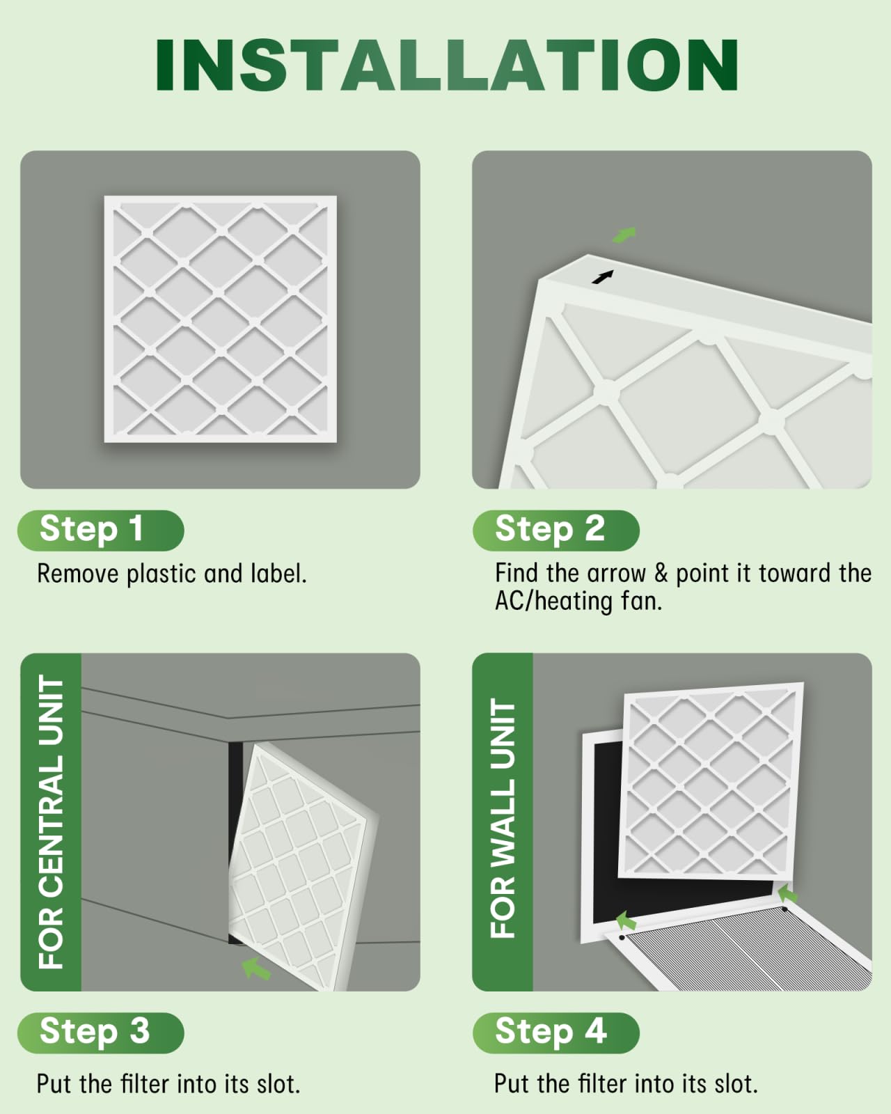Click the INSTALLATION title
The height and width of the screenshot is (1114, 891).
click(446, 64)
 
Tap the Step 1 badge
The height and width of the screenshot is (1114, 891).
click(100, 530)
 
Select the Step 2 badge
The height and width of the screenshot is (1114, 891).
click(555, 530)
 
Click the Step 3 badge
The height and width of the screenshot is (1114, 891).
click(100, 1033)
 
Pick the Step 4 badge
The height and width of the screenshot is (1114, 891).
click(555, 1033)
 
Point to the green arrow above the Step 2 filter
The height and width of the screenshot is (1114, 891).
click(624, 235)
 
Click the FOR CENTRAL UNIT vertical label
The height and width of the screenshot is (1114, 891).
click(52, 822)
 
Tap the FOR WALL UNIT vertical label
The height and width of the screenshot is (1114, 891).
click(503, 819)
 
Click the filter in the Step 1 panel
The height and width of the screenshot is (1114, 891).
click(220, 319)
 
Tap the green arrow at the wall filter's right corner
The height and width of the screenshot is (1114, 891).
click(787, 893)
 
